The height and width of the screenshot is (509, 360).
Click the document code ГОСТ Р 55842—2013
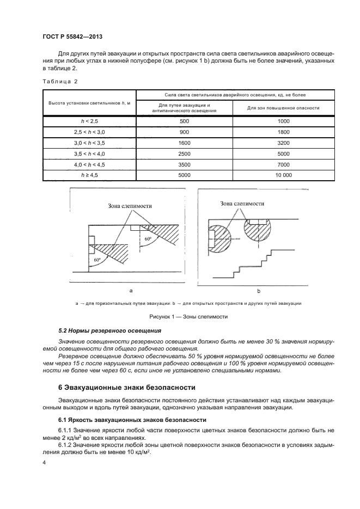(x=73, y=36)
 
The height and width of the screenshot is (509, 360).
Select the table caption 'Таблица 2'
(x=58, y=82)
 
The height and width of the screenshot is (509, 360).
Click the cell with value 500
(x=184, y=121)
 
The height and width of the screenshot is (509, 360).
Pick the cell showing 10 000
(x=283, y=175)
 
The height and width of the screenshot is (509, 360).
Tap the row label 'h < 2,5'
(x=89, y=121)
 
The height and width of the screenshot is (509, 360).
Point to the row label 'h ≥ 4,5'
(x=89, y=175)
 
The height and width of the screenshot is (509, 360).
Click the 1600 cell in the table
(x=184, y=143)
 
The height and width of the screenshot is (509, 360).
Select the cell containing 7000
(x=283, y=164)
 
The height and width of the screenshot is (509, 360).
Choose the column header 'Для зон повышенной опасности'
(x=283, y=107)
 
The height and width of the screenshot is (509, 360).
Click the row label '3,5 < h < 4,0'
(x=89, y=154)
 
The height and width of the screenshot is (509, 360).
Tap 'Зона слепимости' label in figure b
(x=242, y=203)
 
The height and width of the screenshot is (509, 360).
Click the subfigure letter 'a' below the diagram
(x=130, y=291)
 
